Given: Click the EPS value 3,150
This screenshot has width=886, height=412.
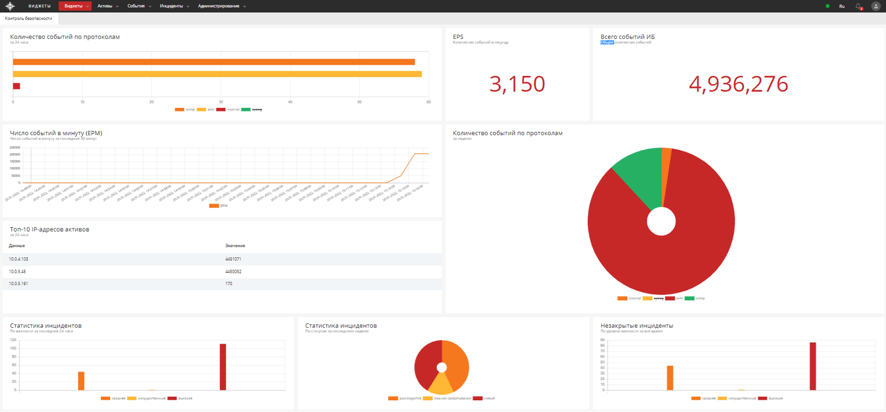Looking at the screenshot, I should click(517, 84).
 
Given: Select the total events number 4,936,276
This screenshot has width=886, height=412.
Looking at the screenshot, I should click(738, 84).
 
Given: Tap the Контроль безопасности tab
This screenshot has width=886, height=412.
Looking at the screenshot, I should click(29, 19).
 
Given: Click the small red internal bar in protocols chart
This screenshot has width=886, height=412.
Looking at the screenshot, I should click(17, 86).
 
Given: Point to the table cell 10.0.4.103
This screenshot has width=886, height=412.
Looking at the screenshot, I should click(19, 259).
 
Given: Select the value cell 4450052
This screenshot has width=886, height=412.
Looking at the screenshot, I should click(233, 272).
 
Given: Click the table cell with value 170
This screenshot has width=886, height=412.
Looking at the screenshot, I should click(229, 284).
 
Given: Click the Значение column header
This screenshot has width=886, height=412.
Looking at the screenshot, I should click(235, 246).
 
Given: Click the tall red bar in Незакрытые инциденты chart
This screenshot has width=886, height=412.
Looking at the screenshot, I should click(813, 366).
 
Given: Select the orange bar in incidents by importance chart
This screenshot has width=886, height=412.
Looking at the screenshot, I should click(81, 381).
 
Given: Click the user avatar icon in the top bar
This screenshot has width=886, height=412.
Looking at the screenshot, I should click(875, 6).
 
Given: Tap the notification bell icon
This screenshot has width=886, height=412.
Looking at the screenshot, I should click(858, 6).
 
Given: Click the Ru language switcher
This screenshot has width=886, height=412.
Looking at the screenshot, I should click(842, 6).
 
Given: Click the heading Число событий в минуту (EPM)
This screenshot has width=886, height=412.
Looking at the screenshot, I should click(56, 133).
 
